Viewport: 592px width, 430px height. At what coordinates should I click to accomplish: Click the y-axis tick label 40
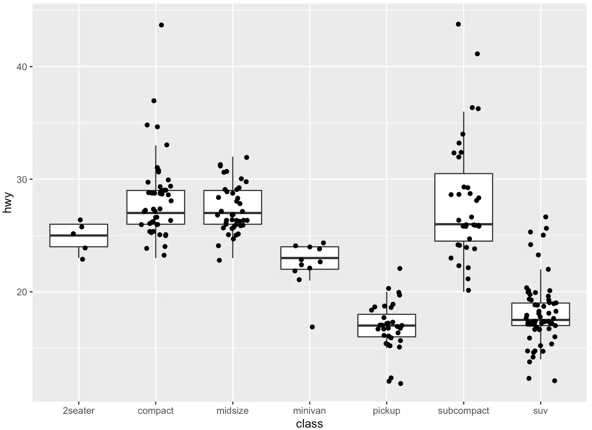[21, 67]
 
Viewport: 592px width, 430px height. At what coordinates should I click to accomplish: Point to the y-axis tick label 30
[21, 179]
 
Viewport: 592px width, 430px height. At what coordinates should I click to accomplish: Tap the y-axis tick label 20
[21, 292]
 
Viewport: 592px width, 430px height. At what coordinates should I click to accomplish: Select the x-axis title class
[309, 424]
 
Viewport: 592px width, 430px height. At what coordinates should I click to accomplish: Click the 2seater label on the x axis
[79, 411]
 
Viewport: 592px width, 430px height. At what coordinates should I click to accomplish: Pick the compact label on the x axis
[155, 411]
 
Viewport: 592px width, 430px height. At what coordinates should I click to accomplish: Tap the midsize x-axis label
[232, 411]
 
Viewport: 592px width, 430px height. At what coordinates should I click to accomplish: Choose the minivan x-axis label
[309, 411]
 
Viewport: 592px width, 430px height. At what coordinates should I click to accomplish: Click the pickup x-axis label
[386, 411]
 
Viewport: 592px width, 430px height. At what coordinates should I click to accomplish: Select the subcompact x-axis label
[463, 411]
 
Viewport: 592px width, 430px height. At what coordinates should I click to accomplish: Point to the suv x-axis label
[541, 411]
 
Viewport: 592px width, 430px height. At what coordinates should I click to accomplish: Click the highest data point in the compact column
[161, 25]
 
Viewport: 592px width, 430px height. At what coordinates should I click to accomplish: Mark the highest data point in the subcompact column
[458, 24]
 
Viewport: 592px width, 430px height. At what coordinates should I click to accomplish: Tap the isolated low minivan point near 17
[312, 327]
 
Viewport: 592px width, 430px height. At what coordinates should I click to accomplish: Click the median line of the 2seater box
[79, 235]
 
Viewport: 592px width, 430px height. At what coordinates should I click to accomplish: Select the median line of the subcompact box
[463, 224]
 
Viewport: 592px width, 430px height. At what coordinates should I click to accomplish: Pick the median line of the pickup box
[386, 325]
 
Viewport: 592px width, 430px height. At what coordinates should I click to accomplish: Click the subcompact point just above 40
[477, 54]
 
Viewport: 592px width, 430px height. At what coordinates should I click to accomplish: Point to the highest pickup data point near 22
[400, 269]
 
